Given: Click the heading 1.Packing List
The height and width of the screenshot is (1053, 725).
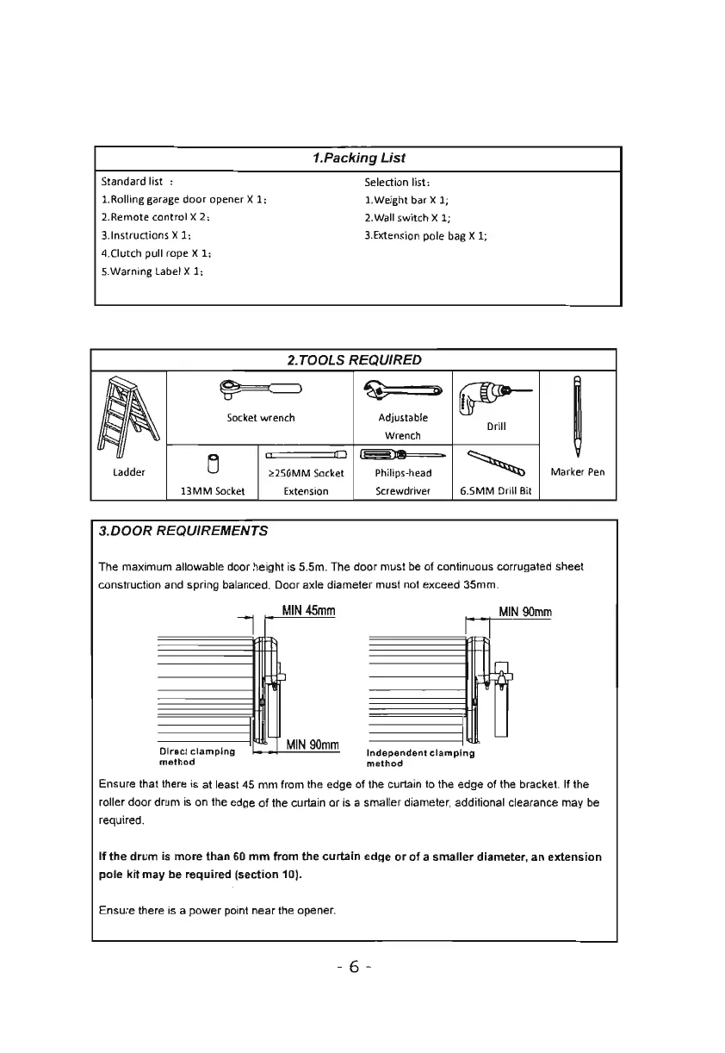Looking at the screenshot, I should tap(357, 159).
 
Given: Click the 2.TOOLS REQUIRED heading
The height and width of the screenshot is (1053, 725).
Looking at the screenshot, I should tap(354, 359).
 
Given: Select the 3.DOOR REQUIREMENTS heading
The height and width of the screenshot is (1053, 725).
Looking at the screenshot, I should tap(183, 531).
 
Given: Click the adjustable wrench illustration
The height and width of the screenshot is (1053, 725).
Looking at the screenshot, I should tap(402, 394).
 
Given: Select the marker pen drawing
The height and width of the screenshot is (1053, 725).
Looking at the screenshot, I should tap(578, 413).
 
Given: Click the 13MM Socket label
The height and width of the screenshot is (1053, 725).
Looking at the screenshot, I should tap(212, 491).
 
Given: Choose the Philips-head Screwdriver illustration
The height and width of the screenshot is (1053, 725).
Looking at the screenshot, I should tap(403, 455).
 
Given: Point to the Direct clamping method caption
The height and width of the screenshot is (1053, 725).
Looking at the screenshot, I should tap(189, 756).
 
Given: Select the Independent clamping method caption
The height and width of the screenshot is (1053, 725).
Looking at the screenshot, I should tap(419, 757).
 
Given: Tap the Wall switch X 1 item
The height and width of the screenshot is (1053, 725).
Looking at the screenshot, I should tap(401, 217).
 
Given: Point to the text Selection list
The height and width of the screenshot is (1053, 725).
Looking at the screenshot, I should tap(392, 182).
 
